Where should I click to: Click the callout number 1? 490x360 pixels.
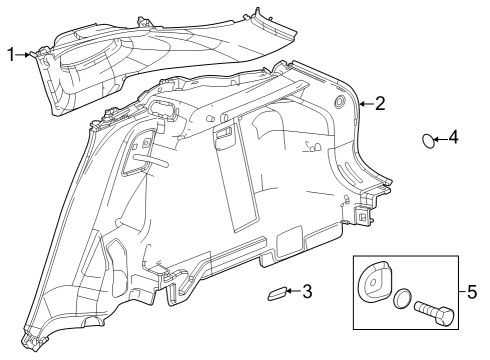pos(10,54)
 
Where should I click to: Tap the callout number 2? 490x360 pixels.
pos(380,103)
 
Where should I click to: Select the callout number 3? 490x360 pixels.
pos(307,292)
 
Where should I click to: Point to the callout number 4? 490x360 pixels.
pos(454,138)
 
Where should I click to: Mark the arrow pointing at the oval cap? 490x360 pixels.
pos(439,139)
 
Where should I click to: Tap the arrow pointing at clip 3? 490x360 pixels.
pos(291,292)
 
